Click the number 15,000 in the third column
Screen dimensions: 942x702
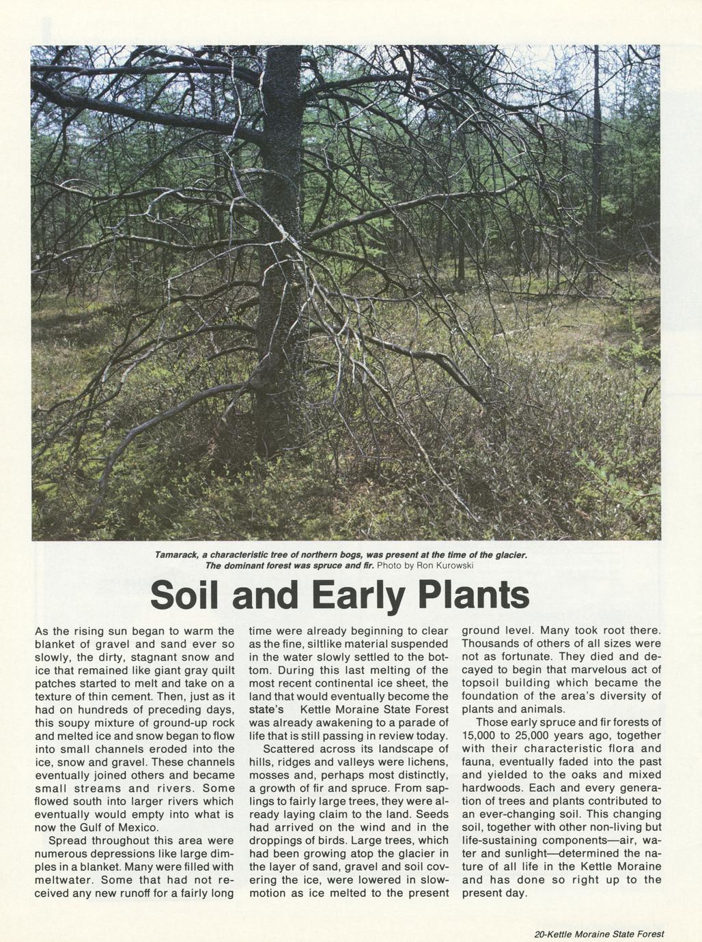(483, 736)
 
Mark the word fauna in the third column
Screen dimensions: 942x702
(478, 762)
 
